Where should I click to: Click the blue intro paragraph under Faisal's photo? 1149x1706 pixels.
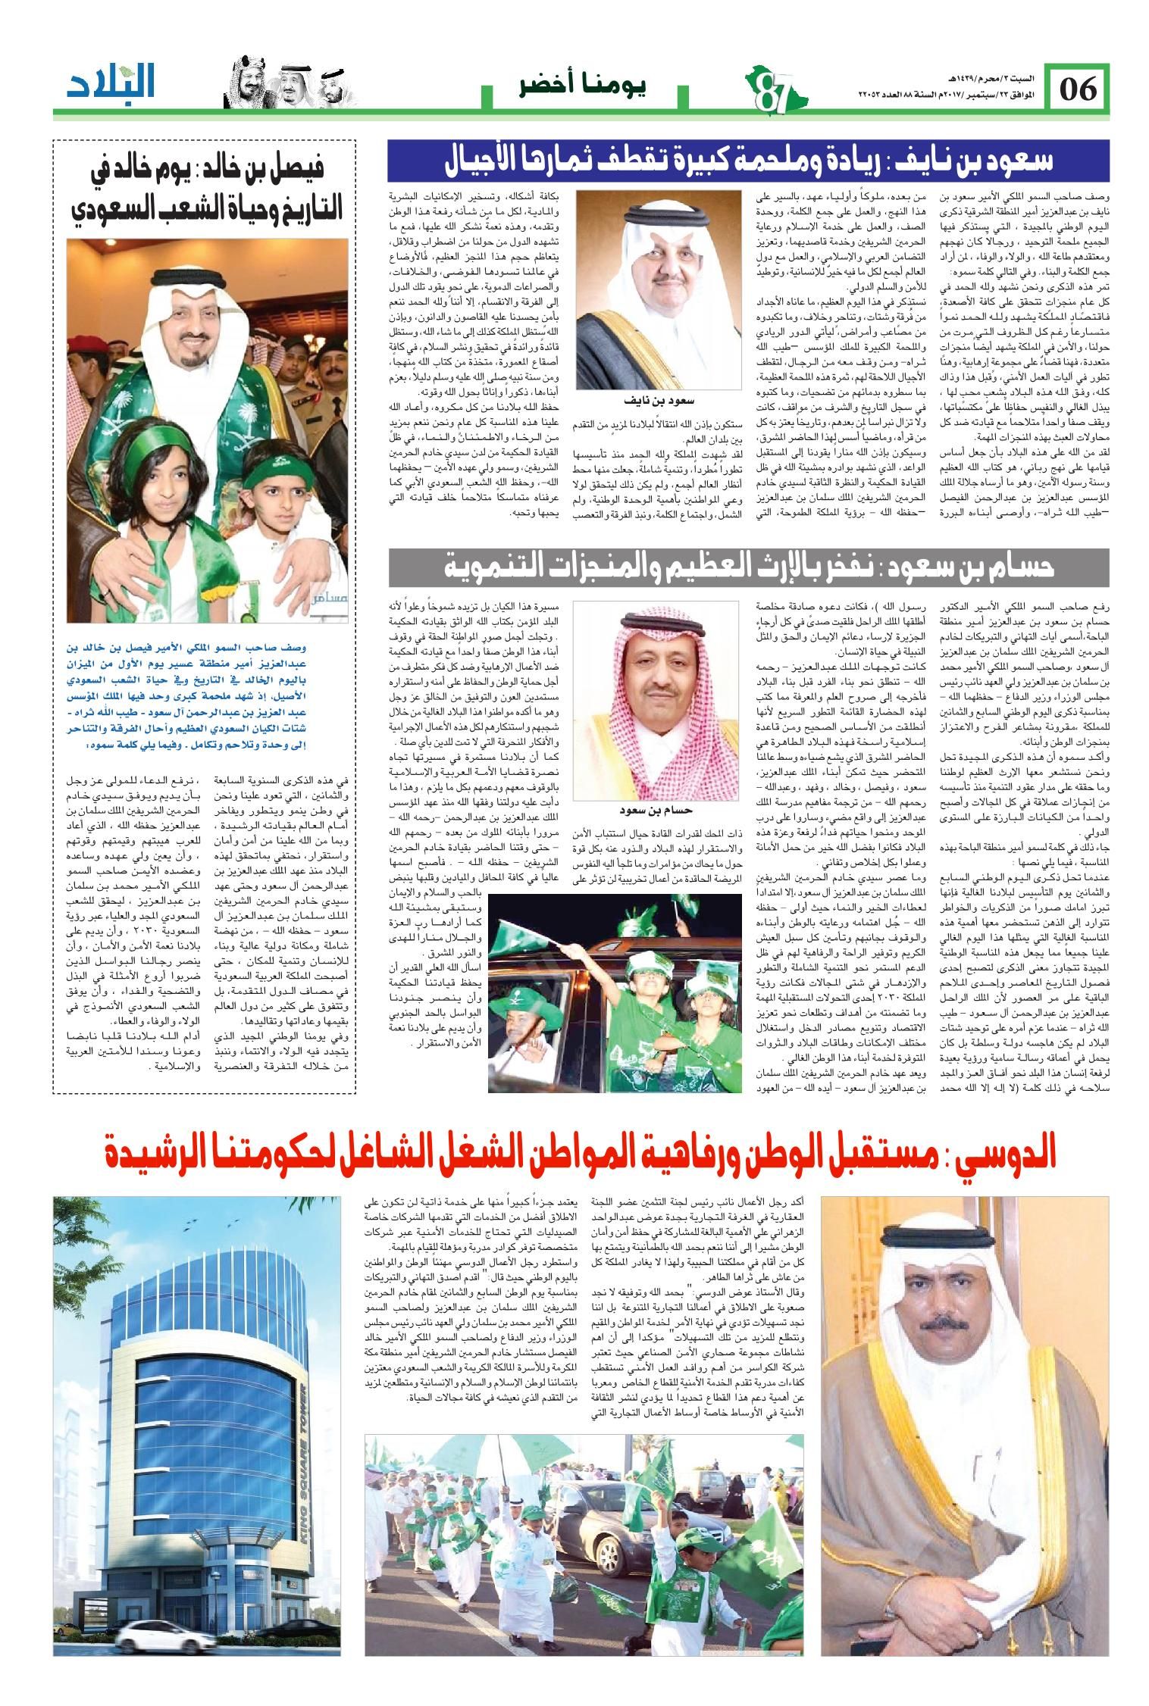205,695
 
